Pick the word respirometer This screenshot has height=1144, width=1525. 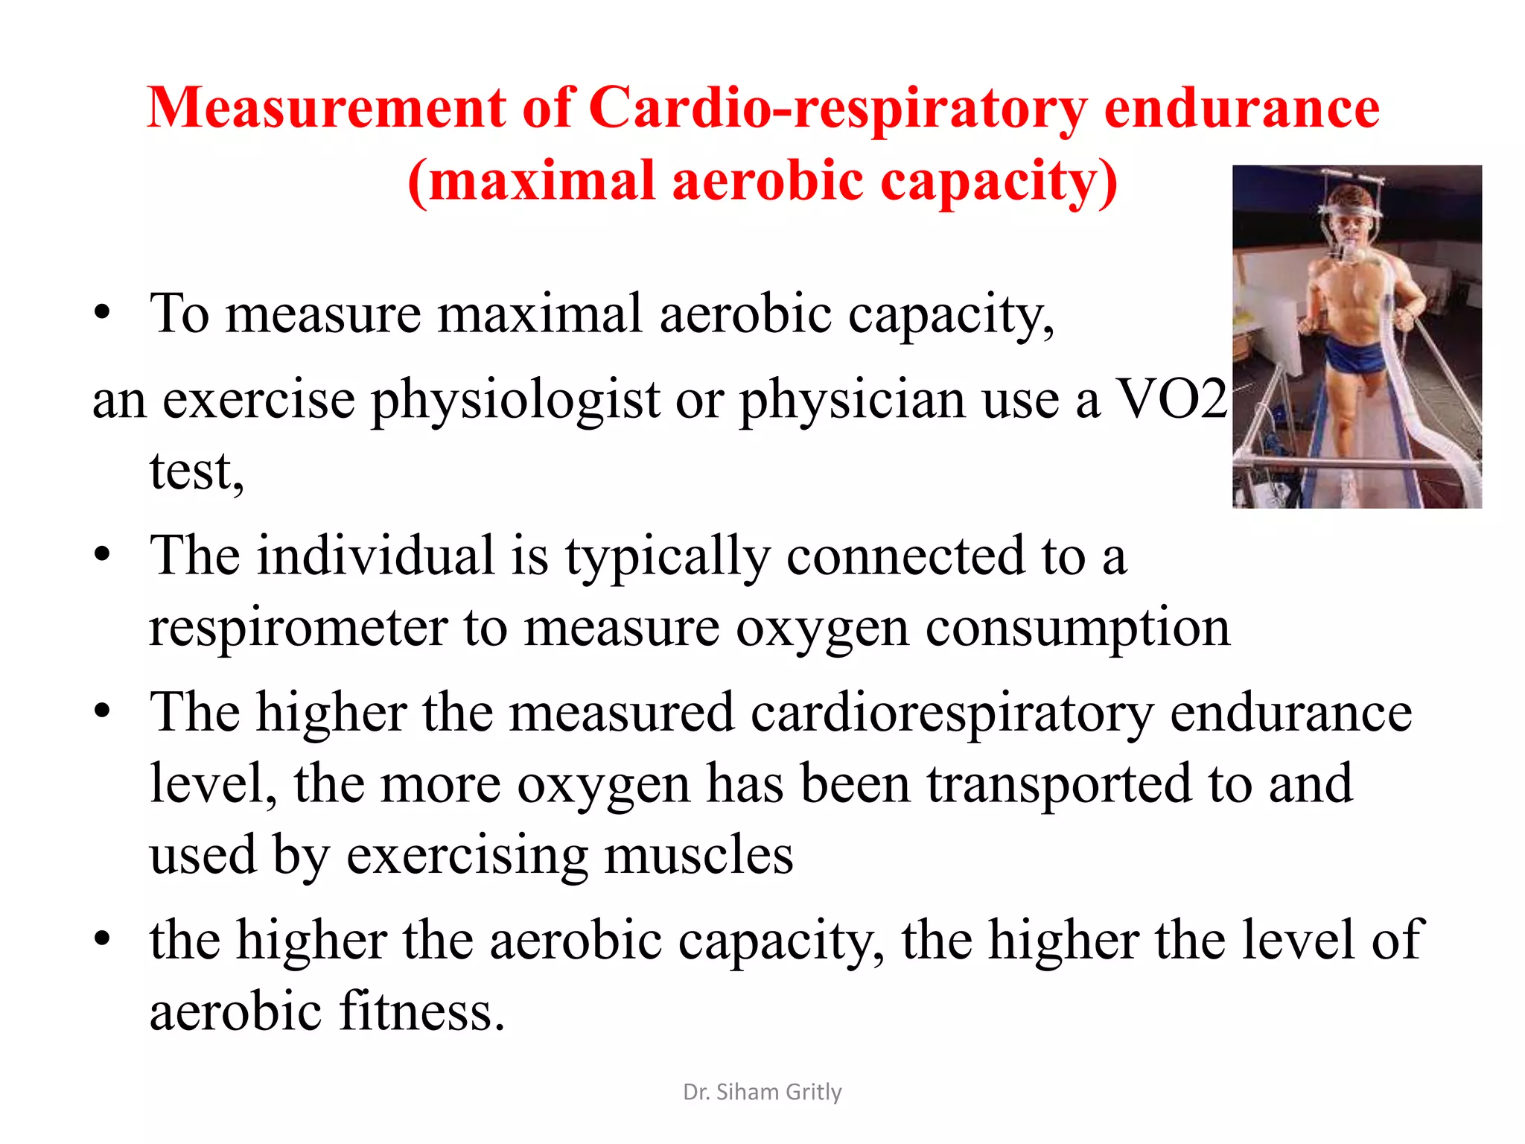click(298, 628)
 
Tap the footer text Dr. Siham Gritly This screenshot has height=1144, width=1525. click(762, 1092)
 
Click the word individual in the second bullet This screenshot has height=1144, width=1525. click(375, 556)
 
